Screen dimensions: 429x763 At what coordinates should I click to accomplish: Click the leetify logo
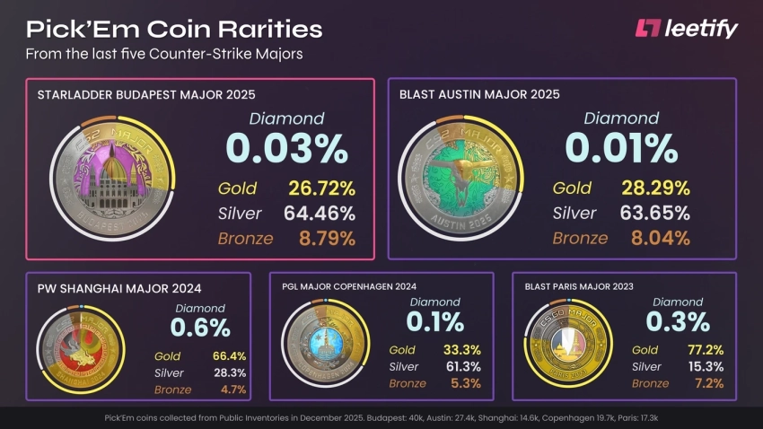686,29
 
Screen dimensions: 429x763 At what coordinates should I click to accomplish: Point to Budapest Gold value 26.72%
321,188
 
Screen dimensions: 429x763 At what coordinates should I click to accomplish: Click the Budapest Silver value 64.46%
320,214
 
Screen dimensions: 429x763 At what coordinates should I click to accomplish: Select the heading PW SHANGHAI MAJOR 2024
118,288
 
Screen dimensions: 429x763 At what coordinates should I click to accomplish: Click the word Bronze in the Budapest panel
244,239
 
